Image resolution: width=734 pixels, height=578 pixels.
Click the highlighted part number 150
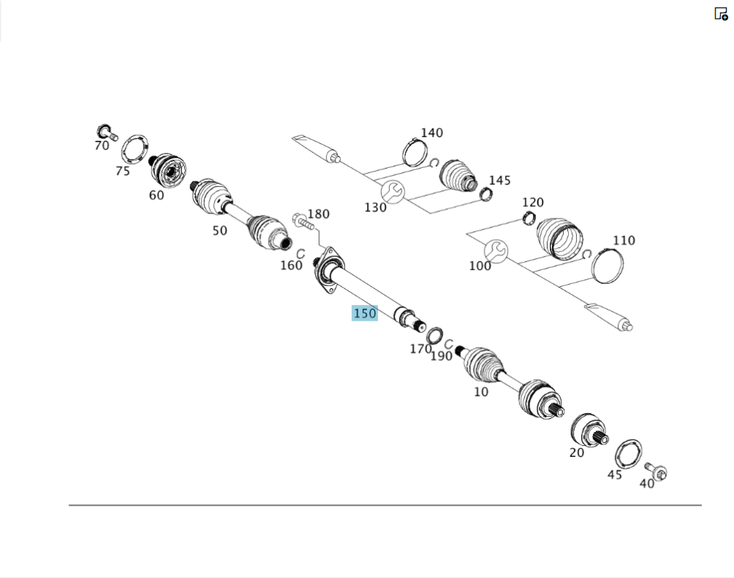pyautogui.click(x=365, y=313)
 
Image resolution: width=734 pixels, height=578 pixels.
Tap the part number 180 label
pyautogui.click(x=319, y=213)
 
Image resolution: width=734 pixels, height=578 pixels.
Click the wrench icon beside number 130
pyautogui.click(x=392, y=192)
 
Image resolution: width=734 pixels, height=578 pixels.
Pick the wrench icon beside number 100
pyautogui.click(x=495, y=252)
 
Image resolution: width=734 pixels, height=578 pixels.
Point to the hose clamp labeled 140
pyautogui.click(x=415, y=152)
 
